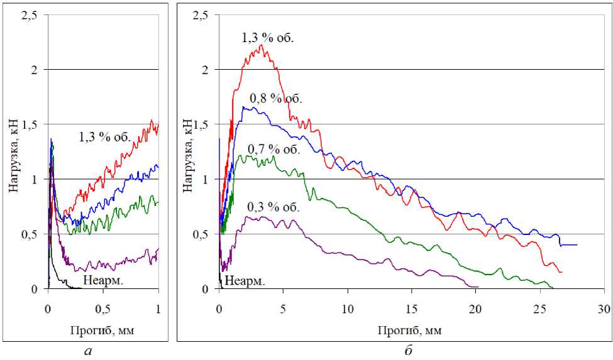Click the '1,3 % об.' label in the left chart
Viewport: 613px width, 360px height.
tap(104, 136)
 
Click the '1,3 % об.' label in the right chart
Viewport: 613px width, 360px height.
tap(268, 38)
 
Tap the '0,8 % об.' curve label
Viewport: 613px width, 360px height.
tap(276, 99)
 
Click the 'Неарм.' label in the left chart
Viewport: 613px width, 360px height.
tap(102, 280)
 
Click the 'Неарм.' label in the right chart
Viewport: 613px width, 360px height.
tap(245, 280)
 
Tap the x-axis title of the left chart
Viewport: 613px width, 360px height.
tap(104, 329)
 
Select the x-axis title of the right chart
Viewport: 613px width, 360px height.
tap(411, 329)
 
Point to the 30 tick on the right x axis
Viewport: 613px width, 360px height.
tap(603, 309)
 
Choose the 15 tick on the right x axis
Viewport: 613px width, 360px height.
tap(411, 309)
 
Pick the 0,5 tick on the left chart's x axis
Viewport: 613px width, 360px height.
tap(104, 309)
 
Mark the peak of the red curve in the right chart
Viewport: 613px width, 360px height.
tap(260, 45)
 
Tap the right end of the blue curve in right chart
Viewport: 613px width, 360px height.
tap(577, 244)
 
